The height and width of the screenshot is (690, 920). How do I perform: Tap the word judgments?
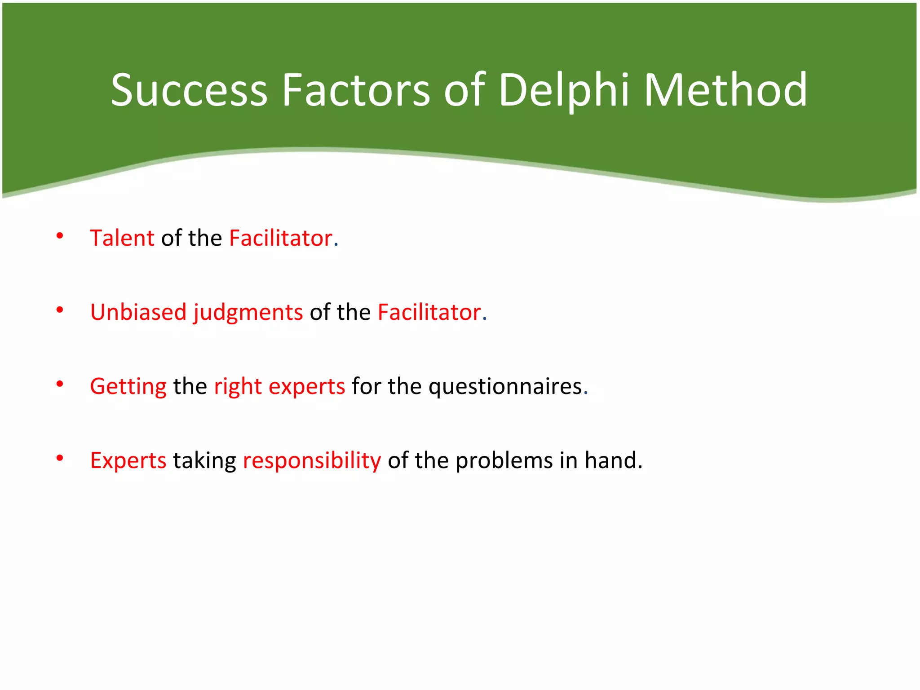click(x=248, y=313)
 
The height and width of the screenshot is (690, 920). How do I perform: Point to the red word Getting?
click(x=128, y=387)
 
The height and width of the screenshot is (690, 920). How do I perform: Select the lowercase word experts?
click(x=306, y=387)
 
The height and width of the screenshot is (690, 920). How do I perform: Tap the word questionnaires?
click(x=505, y=387)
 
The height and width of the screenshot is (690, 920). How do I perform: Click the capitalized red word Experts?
click(x=128, y=461)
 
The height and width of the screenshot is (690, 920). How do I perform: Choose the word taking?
click(x=204, y=461)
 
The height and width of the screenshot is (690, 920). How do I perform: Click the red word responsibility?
click(x=312, y=461)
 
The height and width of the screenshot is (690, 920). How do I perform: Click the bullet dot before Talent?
click(x=60, y=236)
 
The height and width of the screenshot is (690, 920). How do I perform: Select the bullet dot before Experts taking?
click(x=60, y=458)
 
